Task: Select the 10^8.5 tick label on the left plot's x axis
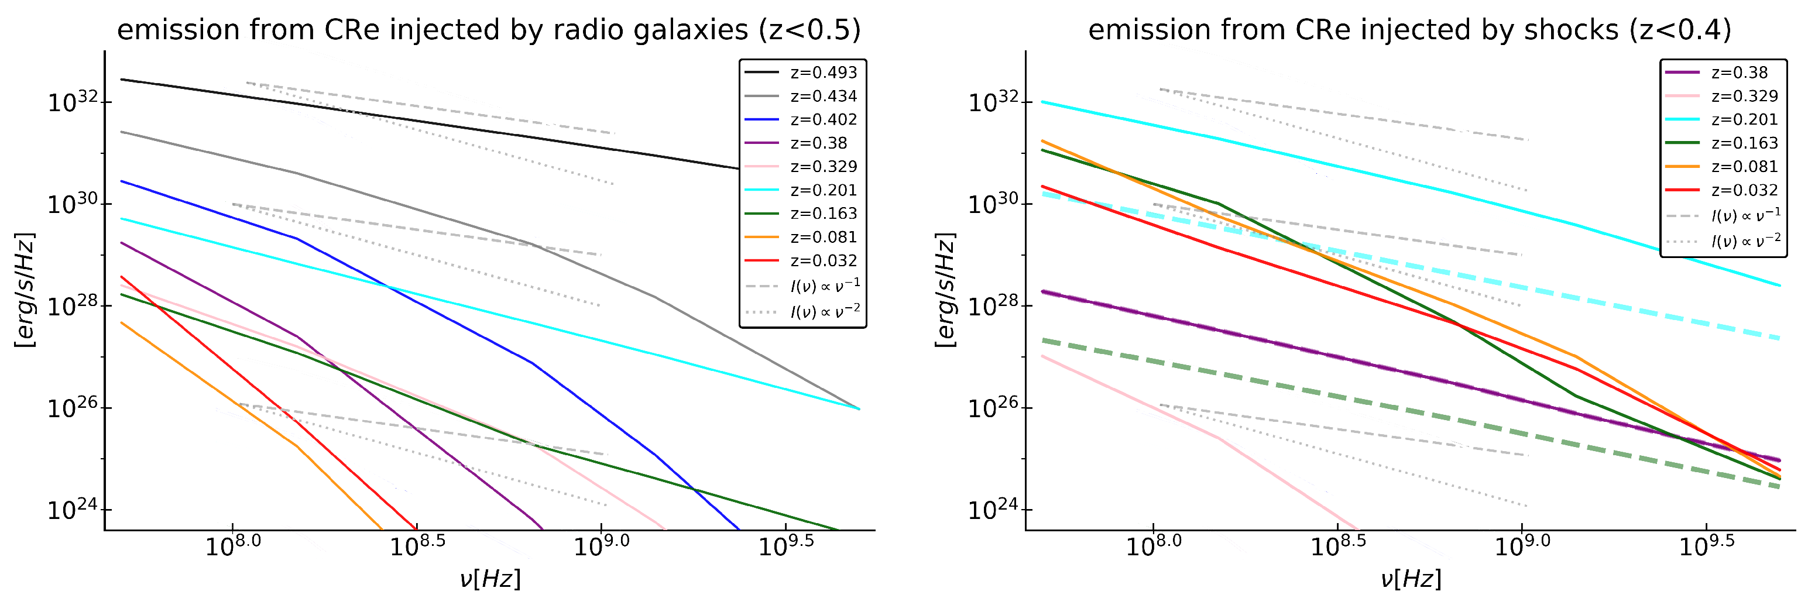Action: pyautogui.click(x=416, y=546)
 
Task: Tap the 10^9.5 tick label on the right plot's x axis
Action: pyautogui.click(x=1706, y=546)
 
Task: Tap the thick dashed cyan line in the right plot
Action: pyautogui.click(x=1474, y=278)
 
